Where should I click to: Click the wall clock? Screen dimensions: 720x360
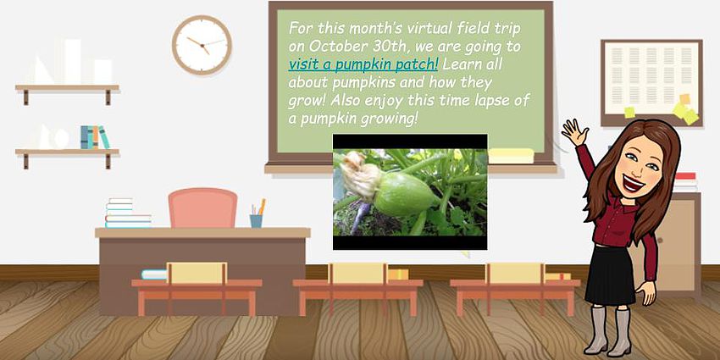click(202, 45)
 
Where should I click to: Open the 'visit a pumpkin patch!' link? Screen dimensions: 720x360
click(363, 64)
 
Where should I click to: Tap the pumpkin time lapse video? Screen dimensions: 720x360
click(410, 192)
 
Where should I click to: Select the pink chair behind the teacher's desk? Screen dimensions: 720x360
click(202, 208)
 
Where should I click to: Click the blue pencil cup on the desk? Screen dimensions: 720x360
click(256, 221)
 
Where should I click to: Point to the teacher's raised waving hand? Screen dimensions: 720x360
click(574, 131)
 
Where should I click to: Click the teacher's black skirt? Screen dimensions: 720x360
click(611, 274)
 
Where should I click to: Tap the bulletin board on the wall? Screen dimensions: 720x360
click(651, 83)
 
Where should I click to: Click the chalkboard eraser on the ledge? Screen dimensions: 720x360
click(511, 156)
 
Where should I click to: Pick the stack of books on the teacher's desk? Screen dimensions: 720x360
click(128, 213)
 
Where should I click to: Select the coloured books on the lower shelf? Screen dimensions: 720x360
click(95, 137)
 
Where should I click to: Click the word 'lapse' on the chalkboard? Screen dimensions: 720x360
click(482, 99)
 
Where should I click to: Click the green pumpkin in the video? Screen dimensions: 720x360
click(405, 195)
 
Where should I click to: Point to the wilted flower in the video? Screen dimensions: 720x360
click(361, 174)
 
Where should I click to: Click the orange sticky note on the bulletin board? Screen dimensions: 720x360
click(684, 99)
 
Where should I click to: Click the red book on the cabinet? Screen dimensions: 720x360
click(685, 175)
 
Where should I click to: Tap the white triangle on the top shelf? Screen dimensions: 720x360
click(42, 70)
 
